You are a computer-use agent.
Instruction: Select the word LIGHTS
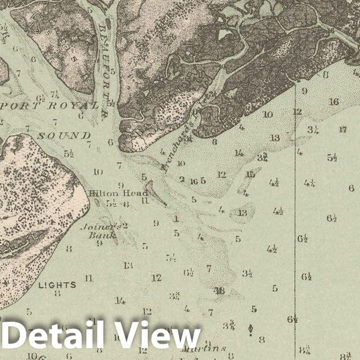tap(57, 285)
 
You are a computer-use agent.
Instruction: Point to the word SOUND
tap(64, 136)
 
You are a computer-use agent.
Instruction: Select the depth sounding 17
tap(342, 129)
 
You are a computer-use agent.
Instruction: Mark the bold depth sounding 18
tap(220, 291)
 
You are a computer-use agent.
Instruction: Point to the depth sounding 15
tap(250, 174)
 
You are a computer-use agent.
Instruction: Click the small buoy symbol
tap(250, 328)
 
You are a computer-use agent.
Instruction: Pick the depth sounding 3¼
tap(312, 129)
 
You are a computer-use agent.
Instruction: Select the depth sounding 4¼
tap(310, 183)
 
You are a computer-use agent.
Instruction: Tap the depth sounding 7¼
tap(54, 93)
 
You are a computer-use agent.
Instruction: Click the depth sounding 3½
tap(247, 274)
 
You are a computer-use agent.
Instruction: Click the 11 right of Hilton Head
tap(144, 201)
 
